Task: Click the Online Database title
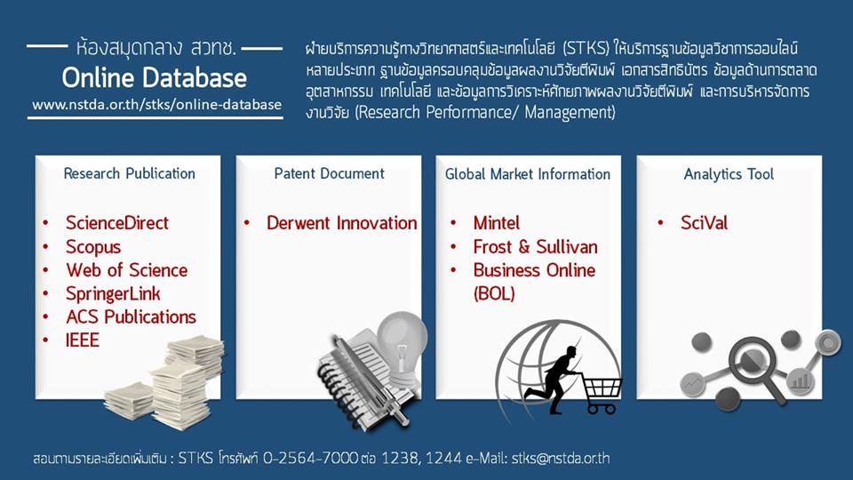tap(155, 78)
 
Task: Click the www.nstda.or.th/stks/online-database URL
tap(156, 106)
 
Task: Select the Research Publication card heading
tap(129, 173)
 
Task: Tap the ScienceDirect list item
tap(116, 223)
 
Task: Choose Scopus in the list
tap(92, 246)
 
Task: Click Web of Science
tap(126, 270)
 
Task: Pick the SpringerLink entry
tap(113, 293)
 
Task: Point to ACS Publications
tap(131, 316)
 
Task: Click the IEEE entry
tap(83, 340)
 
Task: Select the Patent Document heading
tap(329, 173)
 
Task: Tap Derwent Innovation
tap(341, 223)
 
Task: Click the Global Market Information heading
tap(528, 174)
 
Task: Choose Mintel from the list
tap(497, 223)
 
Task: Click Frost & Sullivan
tap(535, 246)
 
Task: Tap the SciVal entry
tap(704, 223)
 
